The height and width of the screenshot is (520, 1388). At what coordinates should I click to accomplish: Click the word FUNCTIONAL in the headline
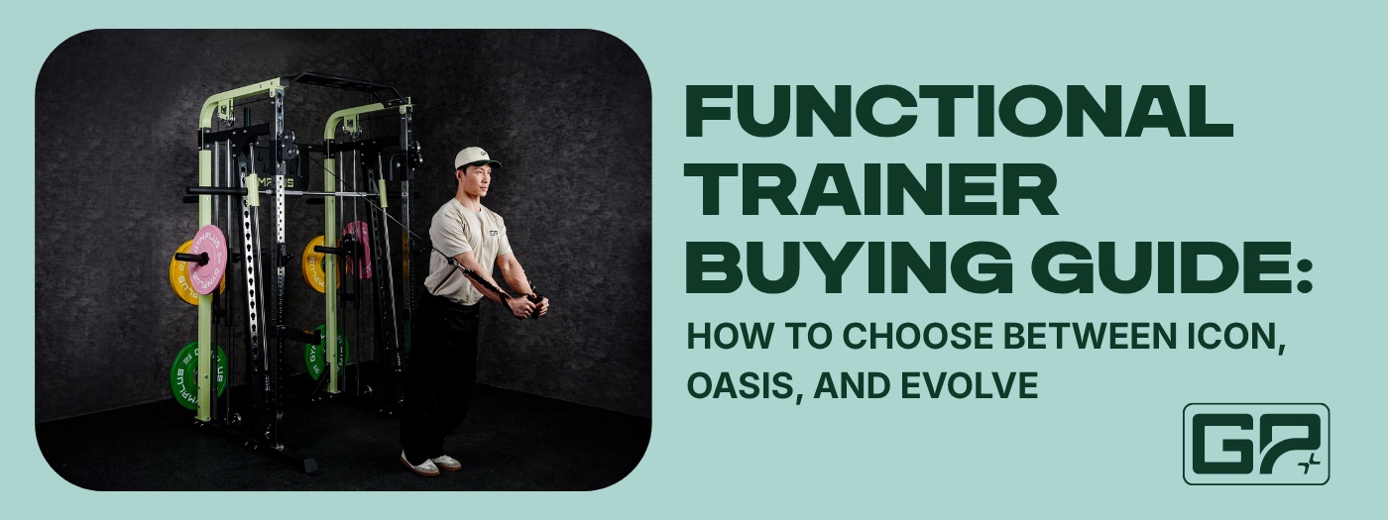[960, 111]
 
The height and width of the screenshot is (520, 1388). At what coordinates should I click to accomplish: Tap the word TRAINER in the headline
[871, 189]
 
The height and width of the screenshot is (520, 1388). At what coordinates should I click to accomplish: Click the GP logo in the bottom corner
[1256, 444]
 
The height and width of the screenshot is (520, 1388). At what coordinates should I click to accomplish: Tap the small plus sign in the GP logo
[1308, 464]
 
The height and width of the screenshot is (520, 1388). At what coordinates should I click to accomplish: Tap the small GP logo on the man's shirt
[494, 234]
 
